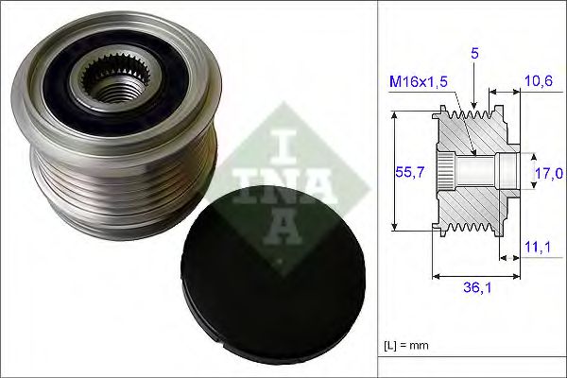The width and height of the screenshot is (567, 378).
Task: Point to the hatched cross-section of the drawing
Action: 472,203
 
